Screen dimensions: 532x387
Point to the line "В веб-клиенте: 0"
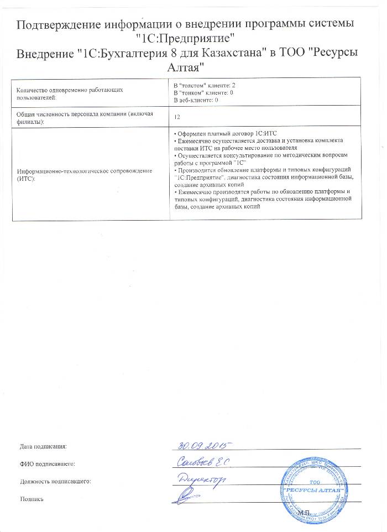point(200,100)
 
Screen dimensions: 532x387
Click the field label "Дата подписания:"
point(43,446)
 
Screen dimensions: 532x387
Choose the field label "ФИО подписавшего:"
point(46,463)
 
